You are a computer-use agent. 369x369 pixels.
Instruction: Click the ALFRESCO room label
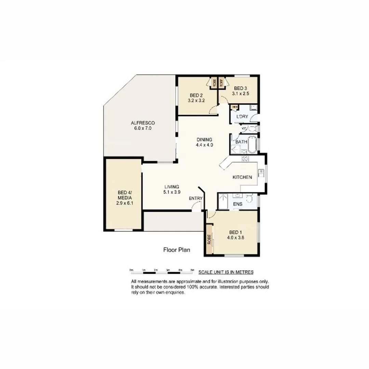[x=143, y=123]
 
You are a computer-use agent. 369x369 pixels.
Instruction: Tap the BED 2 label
[x=196, y=95]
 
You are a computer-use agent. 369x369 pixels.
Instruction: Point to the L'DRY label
[x=242, y=117]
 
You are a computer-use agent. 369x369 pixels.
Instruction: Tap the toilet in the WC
[x=252, y=129]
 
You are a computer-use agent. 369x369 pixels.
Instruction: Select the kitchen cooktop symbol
[x=245, y=159]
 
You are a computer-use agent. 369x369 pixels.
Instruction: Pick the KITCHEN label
[x=242, y=177]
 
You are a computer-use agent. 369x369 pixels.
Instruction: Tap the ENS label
[x=237, y=204]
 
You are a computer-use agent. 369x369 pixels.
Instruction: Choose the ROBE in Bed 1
[x=209, y=240]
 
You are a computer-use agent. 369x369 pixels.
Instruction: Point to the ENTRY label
[x=196, y=198]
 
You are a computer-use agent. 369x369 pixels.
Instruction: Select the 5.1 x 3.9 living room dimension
[x=172, y=192]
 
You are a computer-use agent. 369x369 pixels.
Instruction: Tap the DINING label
[x=204, y=139]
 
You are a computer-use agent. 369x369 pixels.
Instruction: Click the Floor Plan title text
[x=177, y=250]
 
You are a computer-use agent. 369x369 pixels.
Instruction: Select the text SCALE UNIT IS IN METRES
[x=226, y=272]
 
